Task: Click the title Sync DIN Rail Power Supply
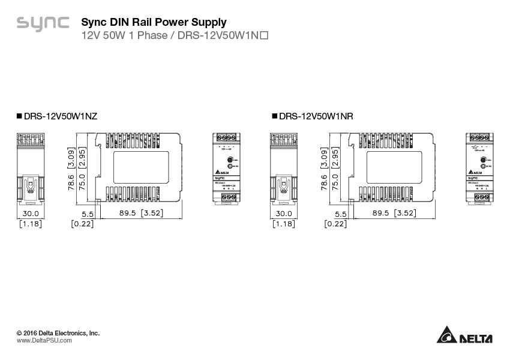point(154,23)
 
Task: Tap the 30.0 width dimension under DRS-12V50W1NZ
point(31,213)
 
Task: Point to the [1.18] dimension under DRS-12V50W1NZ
point(31,224)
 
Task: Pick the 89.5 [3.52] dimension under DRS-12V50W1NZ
point(142,213)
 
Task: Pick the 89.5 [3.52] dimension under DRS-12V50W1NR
point(394,213)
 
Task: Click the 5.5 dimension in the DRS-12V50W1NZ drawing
point(88,214)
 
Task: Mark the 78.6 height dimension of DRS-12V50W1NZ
point(71,182)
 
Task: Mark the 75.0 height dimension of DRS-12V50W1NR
point(335,182)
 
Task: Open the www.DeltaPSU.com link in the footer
point(44,340)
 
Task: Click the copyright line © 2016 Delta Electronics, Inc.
point(58,332)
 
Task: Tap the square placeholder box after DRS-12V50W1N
point(263,36)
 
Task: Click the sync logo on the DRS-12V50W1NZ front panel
point(221,178)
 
